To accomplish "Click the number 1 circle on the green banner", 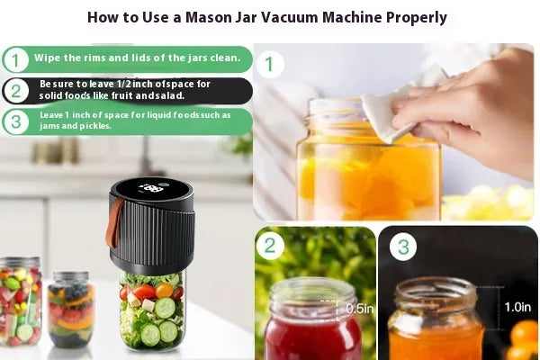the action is [15, 60].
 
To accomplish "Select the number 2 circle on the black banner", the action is [15, 91].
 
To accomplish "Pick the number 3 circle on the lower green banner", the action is [15, 121].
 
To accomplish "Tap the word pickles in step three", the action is [95, 126].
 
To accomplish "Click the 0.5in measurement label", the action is [359, 309].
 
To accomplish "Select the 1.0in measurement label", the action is [517, 307].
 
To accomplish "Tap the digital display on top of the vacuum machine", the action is [152, 188].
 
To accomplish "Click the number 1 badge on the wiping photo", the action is [270, 64].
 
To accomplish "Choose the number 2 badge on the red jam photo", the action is [270, 246].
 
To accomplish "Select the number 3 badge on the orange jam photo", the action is [403, 247].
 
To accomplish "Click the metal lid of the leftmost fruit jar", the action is [20, 263].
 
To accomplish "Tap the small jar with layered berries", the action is [71, 309].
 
